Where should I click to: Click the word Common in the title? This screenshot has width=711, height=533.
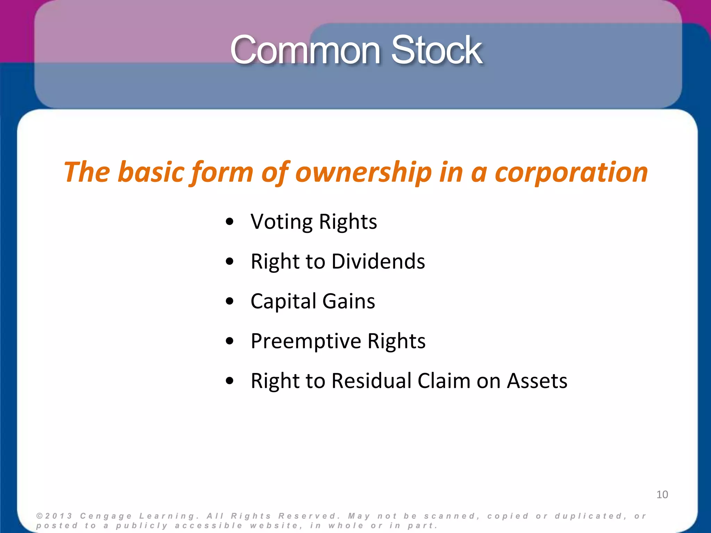coord(306,50)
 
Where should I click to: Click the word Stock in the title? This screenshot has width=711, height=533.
coord(437,50)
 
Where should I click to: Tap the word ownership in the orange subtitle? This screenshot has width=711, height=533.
coord(363,172)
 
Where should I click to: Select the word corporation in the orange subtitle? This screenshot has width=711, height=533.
coord(571,172)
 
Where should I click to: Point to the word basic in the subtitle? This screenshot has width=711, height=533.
coord(151,172)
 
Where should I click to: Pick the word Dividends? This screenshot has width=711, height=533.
coord(378,262)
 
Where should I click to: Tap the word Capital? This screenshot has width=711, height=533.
coord(283,301)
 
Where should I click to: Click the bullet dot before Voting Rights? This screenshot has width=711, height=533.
coord(229,222)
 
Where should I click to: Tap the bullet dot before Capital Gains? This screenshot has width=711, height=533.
coord(229,301)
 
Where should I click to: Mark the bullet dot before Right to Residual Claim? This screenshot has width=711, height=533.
coord(229,381)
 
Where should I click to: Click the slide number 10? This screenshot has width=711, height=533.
coord(662,494)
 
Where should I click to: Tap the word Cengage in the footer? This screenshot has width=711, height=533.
coord(106,516)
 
